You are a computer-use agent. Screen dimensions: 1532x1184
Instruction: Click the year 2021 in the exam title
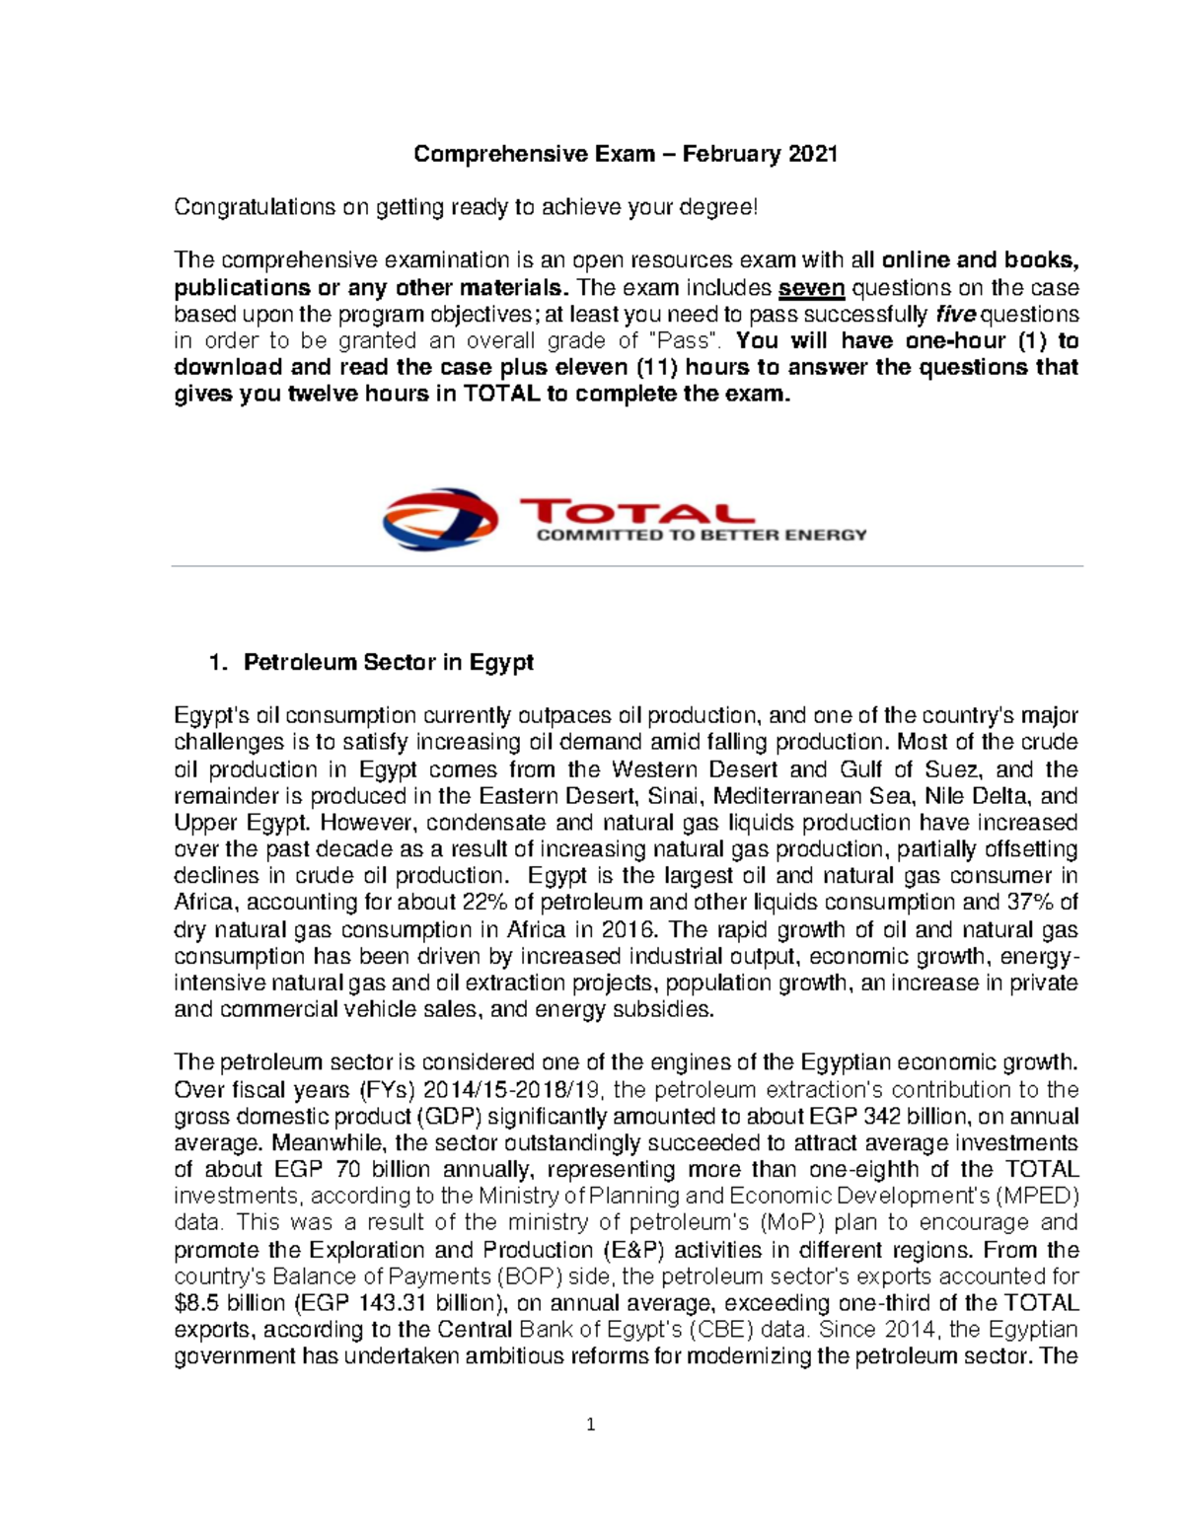pos(813,154)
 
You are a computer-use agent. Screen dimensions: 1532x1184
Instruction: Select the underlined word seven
pos(811,288)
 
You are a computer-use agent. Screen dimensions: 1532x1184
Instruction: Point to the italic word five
pos(952,315)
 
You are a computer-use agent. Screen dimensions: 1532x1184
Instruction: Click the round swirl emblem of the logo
pos(440,519)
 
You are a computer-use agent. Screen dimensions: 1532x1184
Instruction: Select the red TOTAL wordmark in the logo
pos(635,512)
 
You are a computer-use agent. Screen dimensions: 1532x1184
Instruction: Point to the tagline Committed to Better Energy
pos(701,536)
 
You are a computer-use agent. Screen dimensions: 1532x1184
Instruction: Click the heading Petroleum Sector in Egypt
pos(388,662)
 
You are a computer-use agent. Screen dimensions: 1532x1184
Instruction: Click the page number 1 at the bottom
pos(591,1424)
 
